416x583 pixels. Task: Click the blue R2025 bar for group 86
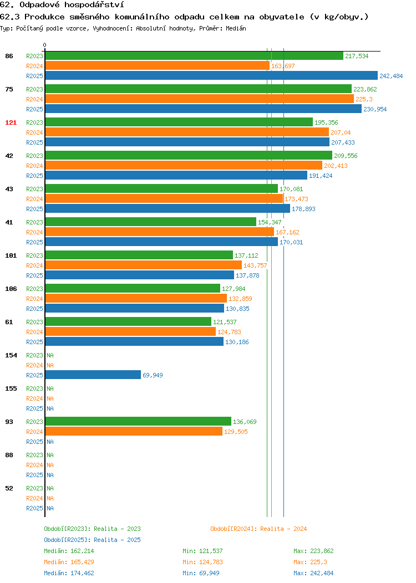pyautogui.click(x=211, y=75)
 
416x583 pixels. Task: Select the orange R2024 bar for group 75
pyautogui.click(x=200, y=99)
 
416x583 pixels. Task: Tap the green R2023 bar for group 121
pyautogui.click(x=179, y=122)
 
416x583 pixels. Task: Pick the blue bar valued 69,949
pyautogui.click(x=93, y=375)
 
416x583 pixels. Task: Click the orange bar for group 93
pyautogui.click(x=134, y=431)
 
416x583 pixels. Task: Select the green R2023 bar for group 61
pyautogui.click(x=128, y=321)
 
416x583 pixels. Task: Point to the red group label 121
pyautogui.click(x=11, y=122)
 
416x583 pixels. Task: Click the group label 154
pyautogui.click(x=11, y=355)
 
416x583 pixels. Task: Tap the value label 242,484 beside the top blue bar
pyautogui.click(x=391, y=76)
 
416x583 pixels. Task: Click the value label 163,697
pyautogui.click(x=283, y=66)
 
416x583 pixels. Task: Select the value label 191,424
pyautogui.click(x=321, y=176)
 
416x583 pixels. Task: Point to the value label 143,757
pyautogui.click(x=255, y=265)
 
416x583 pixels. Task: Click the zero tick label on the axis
pyautogui.click(x=45, y=45)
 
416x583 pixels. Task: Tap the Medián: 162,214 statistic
pyautogui.click(x=69, y=551)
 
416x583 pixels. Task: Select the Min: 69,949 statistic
pyautogui.click(x=201, y=574)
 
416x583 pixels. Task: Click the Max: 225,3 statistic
pyautogui.click(x=310, y=562)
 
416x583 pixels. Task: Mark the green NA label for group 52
pyautogui.click(x=50, y=488)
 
